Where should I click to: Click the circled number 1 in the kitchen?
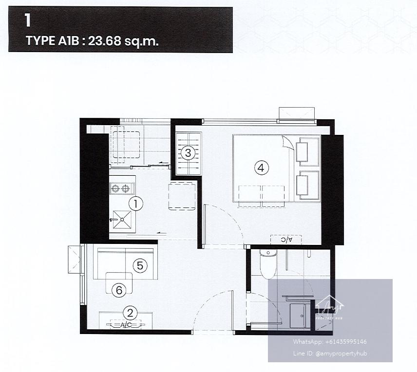pyautogui.click(x=135, y=204)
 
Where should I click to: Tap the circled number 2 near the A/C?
pyautogui.click(x=130, y=313)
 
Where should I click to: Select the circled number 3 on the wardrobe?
pyautogui.click(x=188, y=153)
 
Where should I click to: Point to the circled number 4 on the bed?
pyautogui.click(x=261, y=168)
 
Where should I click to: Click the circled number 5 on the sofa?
pyautogui.click(x=140, y=265)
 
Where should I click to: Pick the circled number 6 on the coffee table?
pyautogui.click(x=119, y=290)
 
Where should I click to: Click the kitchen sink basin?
pyautogui.click(x=122, y=220)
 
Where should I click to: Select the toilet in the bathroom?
pyautogui.click(x=268, y=264)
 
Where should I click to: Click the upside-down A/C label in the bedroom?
pyautogui.click(x=286, y=240)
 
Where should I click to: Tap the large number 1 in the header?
pyautogui.click(x=27, y=20)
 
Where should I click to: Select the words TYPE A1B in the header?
pyautogui.click(x=53, y=41)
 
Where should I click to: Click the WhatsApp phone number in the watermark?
pyautogui.click(x=346, y=342)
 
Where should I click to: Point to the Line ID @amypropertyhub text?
pyautogui.click(x=330, y=353)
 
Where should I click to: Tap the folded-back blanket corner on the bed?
pyautogui.click(x=288, y=144)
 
